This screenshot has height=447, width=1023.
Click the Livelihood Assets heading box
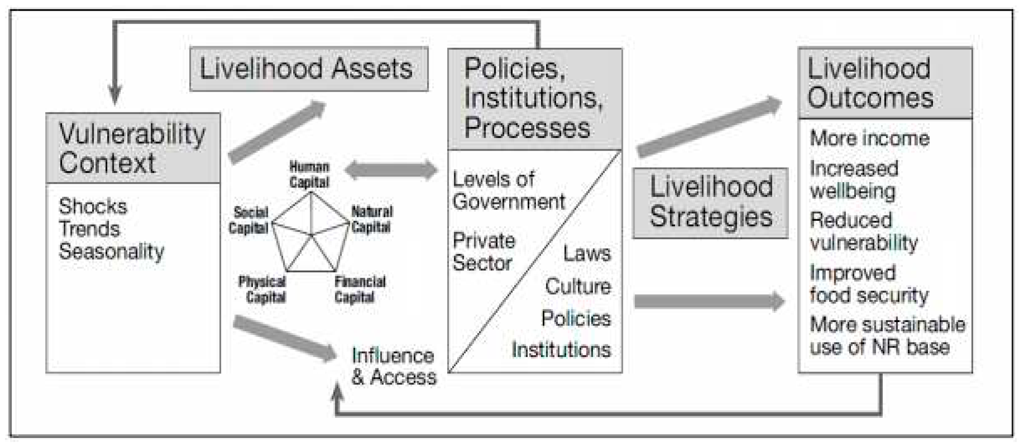click(309, 69)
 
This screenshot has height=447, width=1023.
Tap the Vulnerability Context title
click(132, 148)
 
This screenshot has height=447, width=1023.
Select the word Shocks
click(93, 206)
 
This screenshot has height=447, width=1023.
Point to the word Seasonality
click(111, 252)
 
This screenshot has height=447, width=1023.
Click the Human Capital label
click(309, 174)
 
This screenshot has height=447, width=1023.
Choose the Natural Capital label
click(371, 219)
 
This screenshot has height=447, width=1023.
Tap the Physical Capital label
click(262, 289)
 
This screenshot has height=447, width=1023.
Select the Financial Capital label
click(359, 289)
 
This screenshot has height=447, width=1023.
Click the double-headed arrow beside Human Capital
click(391, 170)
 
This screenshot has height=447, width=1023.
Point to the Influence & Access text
click(393, 366)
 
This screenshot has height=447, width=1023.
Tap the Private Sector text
click(483, 252)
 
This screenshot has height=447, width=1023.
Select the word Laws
click(587, 254)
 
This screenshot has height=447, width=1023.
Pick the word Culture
click(578, 287)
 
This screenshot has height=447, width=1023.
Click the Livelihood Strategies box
click(710, 202)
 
